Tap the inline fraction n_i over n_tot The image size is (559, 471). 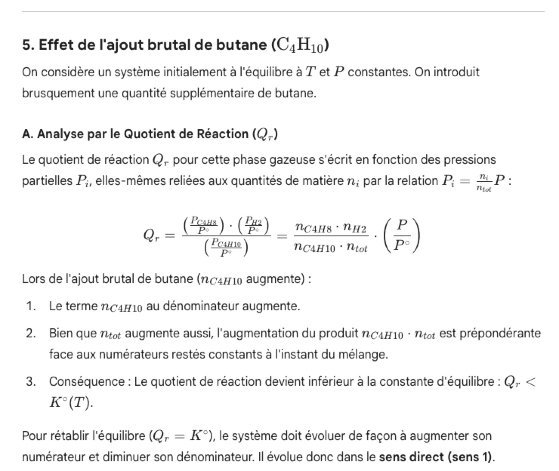coord(484,182)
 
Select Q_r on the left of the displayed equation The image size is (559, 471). coord(152,236)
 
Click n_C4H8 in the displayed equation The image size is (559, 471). coord(315,228)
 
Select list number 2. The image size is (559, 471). coord(31,334)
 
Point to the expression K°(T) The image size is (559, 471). coord(71,403)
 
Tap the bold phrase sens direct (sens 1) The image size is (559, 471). coord(436,457)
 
